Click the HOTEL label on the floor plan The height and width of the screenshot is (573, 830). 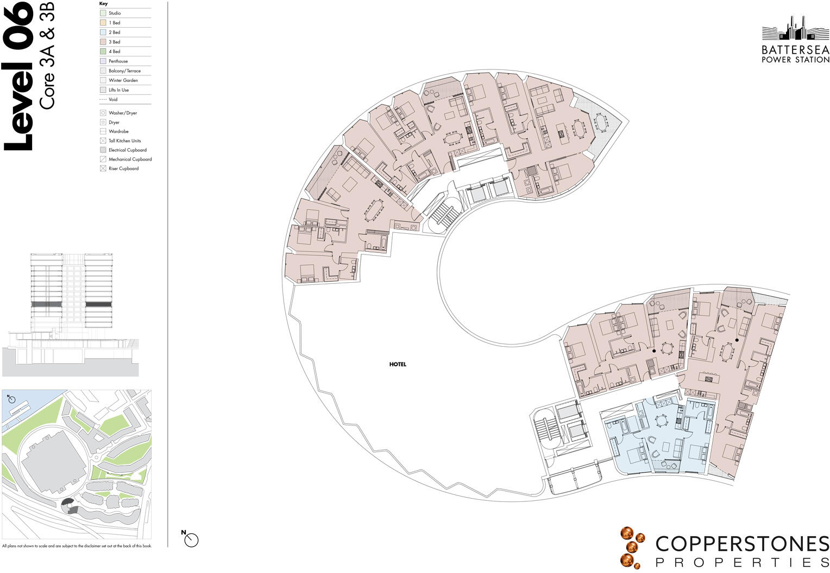tap(398, 365)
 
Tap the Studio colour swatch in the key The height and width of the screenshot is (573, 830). tap(103, 13)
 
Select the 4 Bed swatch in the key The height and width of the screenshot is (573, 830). tap(103, 52)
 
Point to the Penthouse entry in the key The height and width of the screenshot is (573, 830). tap(118, 61)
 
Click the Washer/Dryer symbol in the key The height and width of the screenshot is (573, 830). tap(103, 113)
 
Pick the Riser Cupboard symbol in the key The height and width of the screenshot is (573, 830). tap(103, 169)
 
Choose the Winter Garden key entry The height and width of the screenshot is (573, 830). tap(123, 80)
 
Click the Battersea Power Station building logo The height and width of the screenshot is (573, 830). tap(795, 29)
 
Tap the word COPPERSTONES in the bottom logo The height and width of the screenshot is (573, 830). tap(742, 544)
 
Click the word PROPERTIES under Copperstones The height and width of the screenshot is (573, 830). tap(742, 562)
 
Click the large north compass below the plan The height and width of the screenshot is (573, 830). tap(191, 539)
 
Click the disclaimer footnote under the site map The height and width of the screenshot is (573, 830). tap(77, 546)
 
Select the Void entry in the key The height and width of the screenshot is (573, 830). tap(113, 100)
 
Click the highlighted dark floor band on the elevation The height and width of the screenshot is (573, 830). tap(46, 304)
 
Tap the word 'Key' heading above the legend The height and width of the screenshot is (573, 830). tap(103, 4)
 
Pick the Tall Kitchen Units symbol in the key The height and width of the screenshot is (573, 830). tap(103, 141)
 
